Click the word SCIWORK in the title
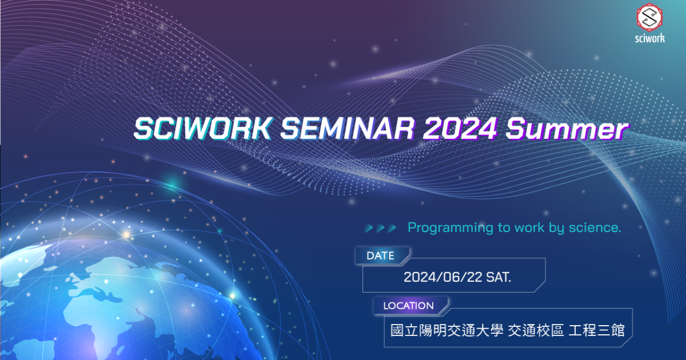pyautogui.click(x=203, y=129)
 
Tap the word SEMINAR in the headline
pyautogui.click(x=348, y=129)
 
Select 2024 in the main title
pyautogui.click(x=460, y=129)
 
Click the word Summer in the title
pyautogui.click(x=567, y=129)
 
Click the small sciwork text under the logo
pyautogui.click(x=649, y=38)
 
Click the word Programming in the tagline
pyautogui.click(x=450, y=228)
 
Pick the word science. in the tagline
pyautogui.click(x=595, y=227)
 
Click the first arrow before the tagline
pyautogui.click(x=369, y=228)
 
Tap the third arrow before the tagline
pyautogui.click(x=392, y=228)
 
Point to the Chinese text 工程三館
pyautogui.click(x=596, y=331)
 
